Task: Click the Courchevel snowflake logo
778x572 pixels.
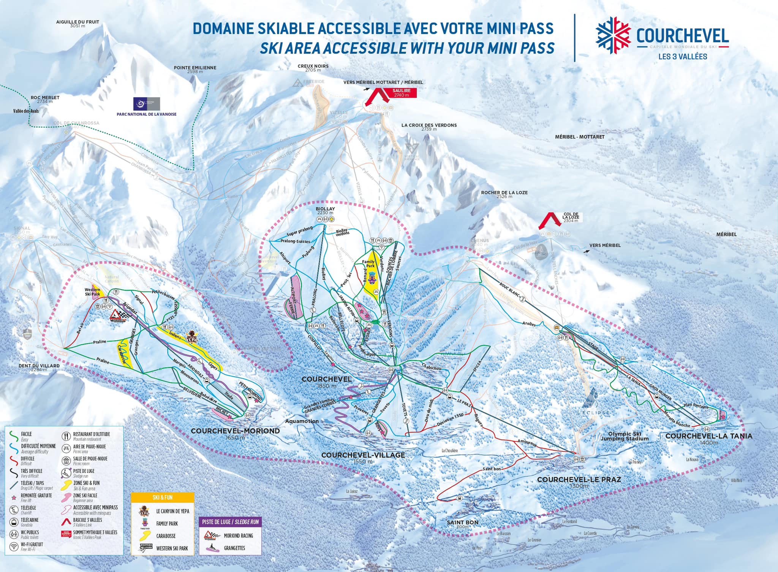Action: (613, 35)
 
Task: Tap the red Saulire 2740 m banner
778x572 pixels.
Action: (402, 93)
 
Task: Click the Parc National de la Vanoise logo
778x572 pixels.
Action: (146, 104)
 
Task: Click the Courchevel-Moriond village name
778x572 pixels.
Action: (235, 431)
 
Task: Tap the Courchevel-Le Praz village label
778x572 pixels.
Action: (579, 480)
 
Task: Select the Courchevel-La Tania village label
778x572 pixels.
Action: (708, 436)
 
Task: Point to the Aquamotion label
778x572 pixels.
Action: (302, 421)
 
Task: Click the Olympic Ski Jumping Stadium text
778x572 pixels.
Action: (625, 436)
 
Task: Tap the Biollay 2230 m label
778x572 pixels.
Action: (325, 210)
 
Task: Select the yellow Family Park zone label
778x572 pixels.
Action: (368, 264)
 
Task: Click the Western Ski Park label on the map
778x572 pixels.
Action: (92, 292)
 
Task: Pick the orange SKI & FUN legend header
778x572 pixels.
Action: (163, 497)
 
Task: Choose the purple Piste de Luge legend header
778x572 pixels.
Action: (230, 522)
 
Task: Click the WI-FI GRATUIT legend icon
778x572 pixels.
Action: (14, 547)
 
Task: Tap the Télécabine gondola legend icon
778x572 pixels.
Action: (14, 522)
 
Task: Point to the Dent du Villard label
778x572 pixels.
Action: (39, 366)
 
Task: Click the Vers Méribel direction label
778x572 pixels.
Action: (605, 245)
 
